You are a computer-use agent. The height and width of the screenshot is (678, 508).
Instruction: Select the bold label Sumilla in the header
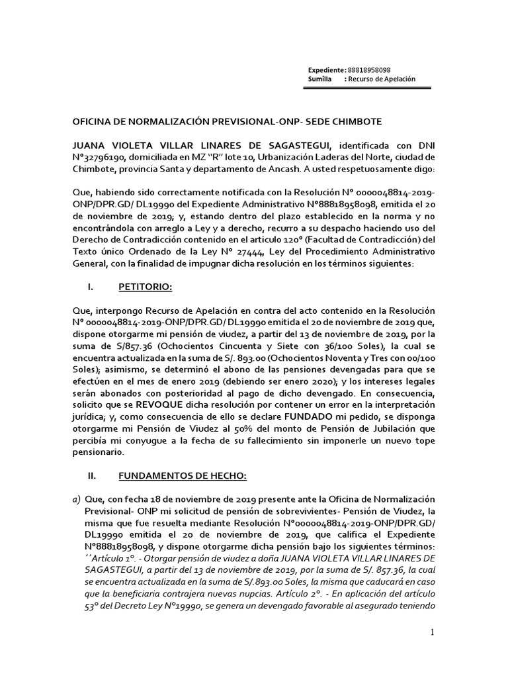coord(322,79)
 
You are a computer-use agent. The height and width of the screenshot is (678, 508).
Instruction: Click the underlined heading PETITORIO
coord(146,287)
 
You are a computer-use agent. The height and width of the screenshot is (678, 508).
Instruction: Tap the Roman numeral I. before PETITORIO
coord(91,287)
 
